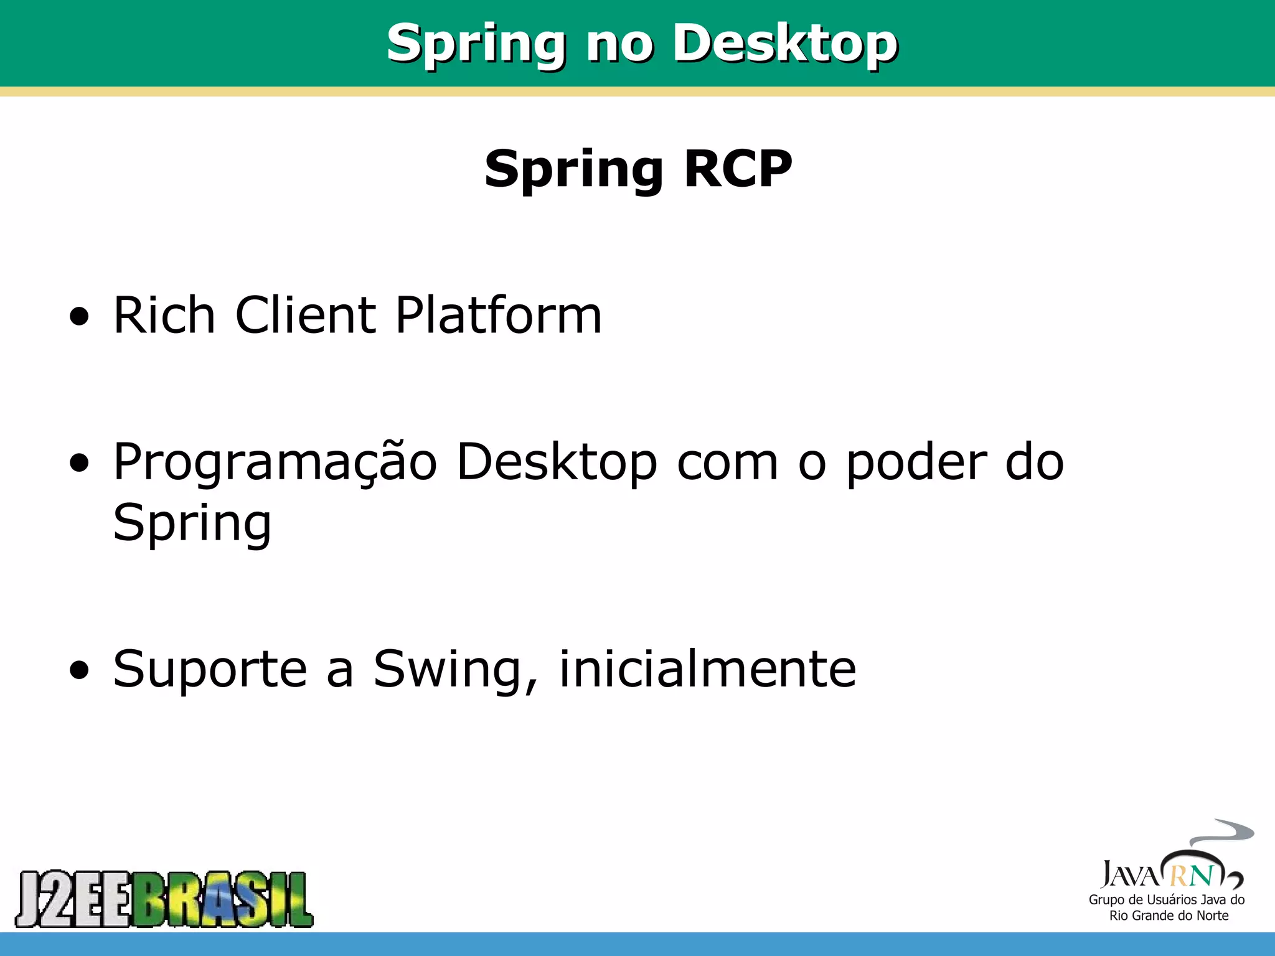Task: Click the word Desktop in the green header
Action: pos(786,44)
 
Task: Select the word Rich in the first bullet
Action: pos(164,315)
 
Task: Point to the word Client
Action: pos(305,315)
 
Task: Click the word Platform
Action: pos(498,315)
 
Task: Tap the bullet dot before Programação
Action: pos(79,464)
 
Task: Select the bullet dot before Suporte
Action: pos(79,671)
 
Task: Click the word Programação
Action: pos(275,464)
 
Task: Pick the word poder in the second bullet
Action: pos(915,464)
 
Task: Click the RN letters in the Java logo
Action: pos(1191,876)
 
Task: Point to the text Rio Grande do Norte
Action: pos(1169,916)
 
